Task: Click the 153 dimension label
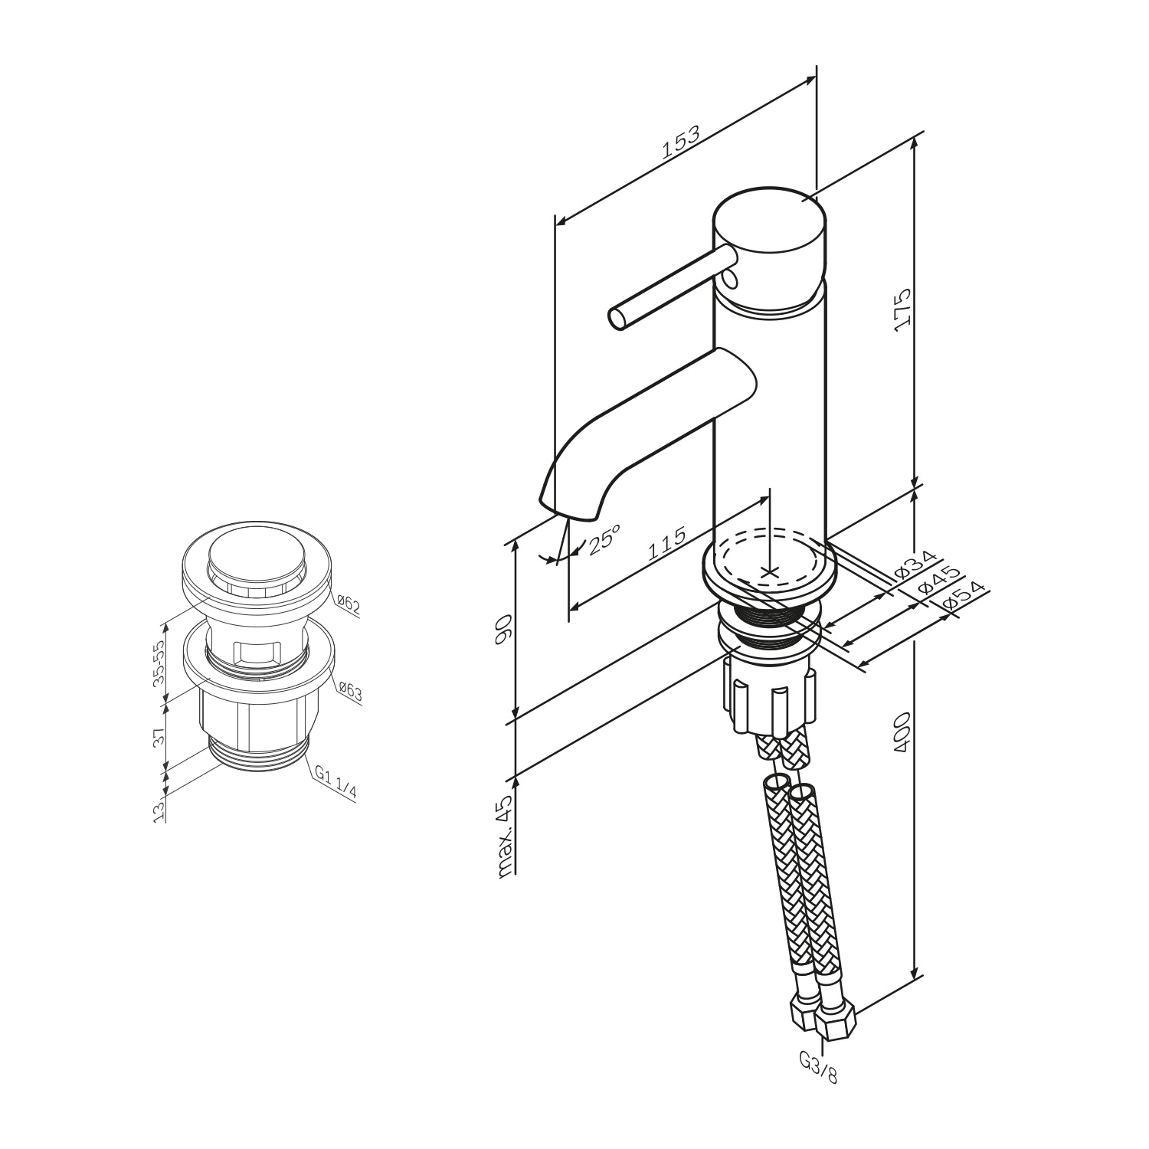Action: (x=681, y=143)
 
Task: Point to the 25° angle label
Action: (x=603, y=537)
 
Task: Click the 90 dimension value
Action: (x=503, y=631)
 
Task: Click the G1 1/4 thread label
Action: (x=336, y=784)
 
